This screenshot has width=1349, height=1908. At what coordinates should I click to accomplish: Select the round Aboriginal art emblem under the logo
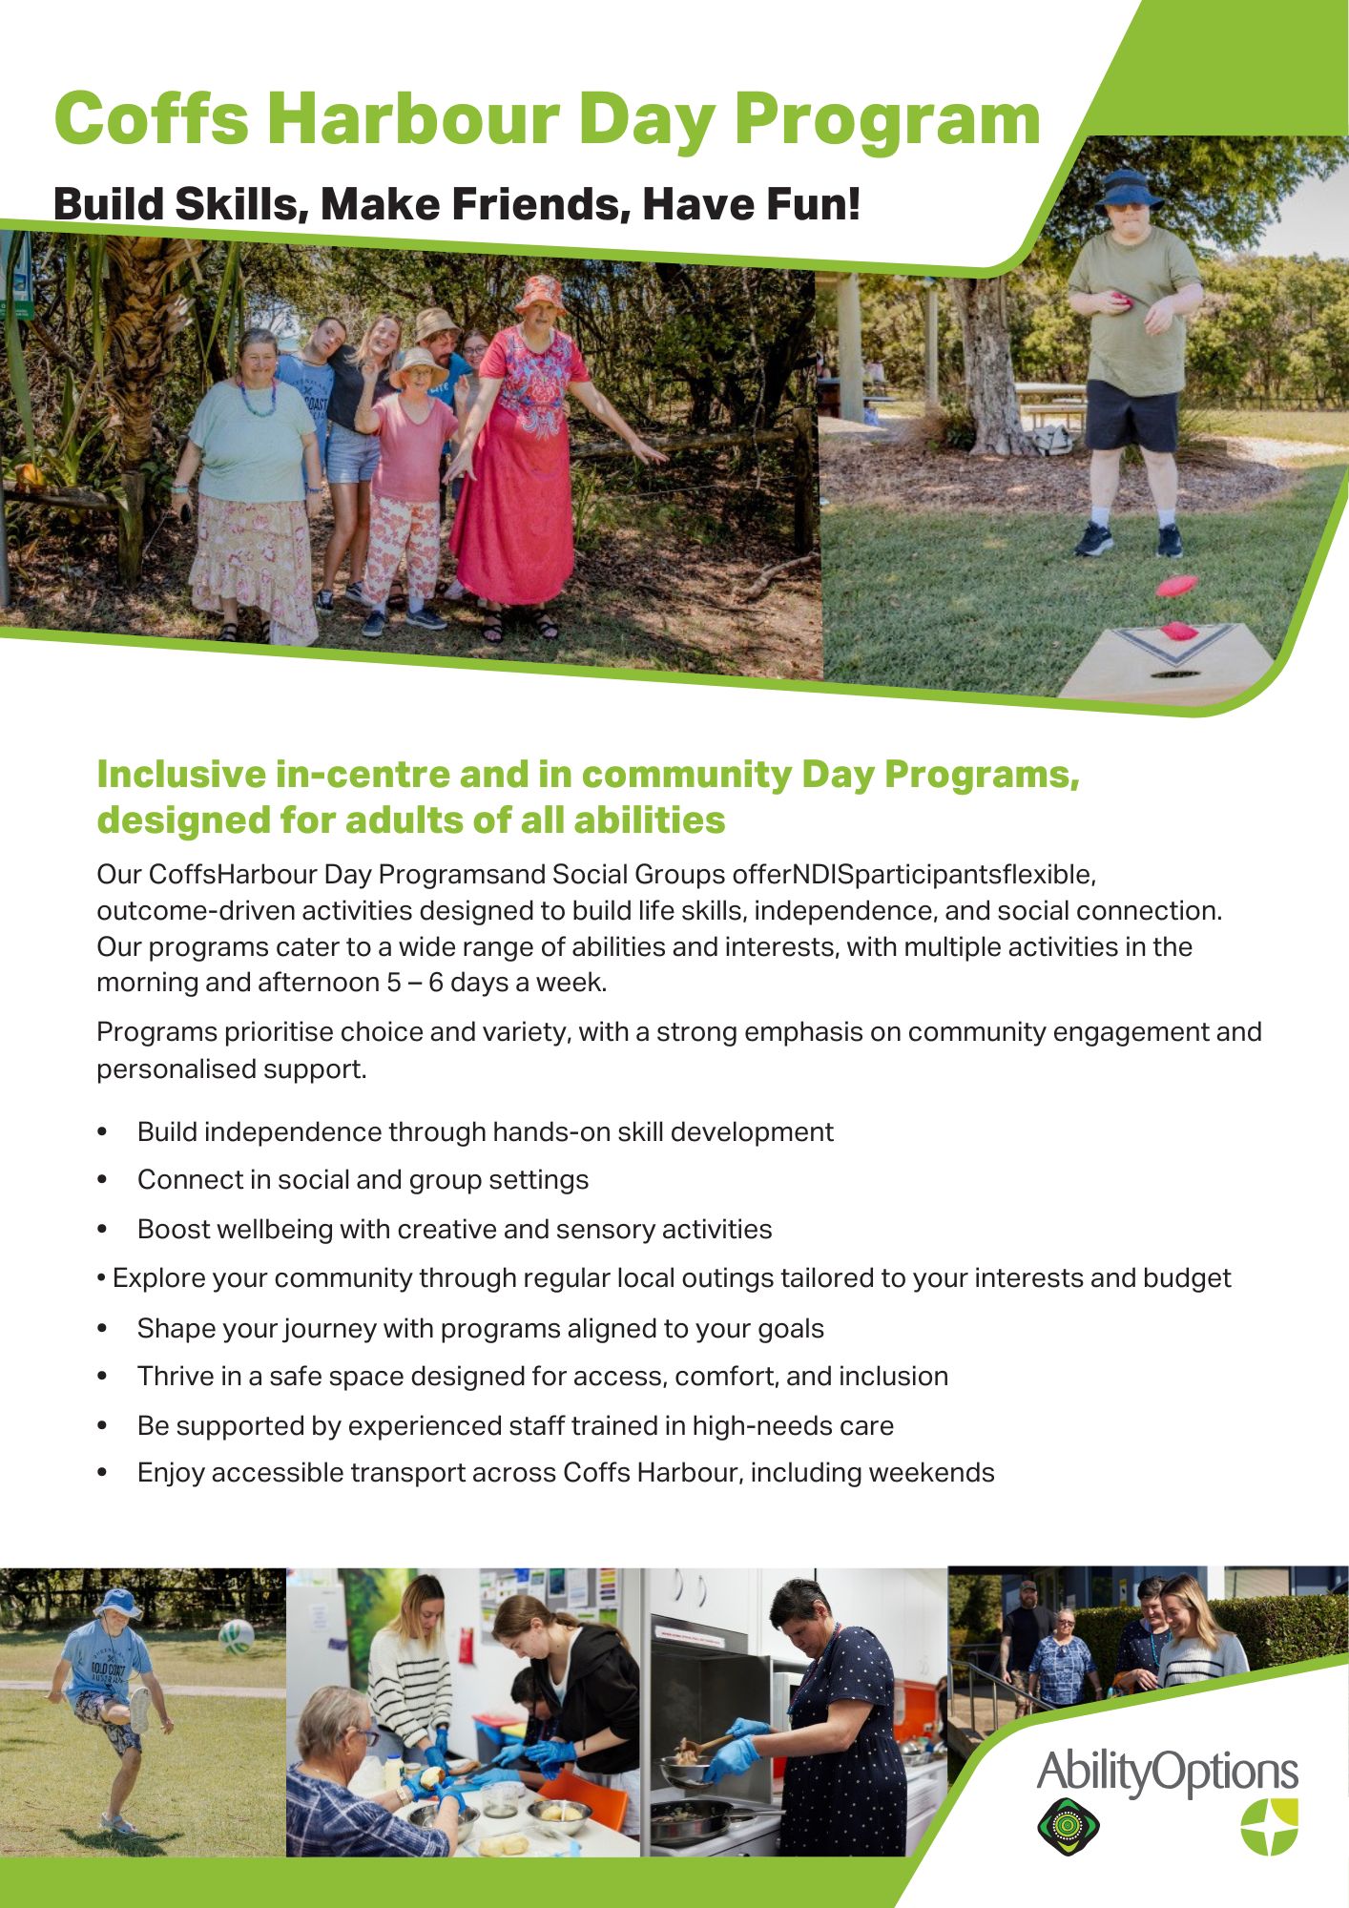(1069, 1826)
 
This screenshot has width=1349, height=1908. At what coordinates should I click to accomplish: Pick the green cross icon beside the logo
(1270, 1825)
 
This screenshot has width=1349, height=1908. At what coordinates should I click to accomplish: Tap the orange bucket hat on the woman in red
(540, 294)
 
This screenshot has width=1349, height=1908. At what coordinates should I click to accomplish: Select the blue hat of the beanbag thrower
(1128, 189)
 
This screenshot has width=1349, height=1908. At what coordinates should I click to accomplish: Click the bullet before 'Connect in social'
(102, 1181)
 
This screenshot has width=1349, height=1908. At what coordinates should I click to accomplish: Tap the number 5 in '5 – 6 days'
(394, 983)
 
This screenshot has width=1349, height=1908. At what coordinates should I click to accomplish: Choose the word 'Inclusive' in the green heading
(179, 774)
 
